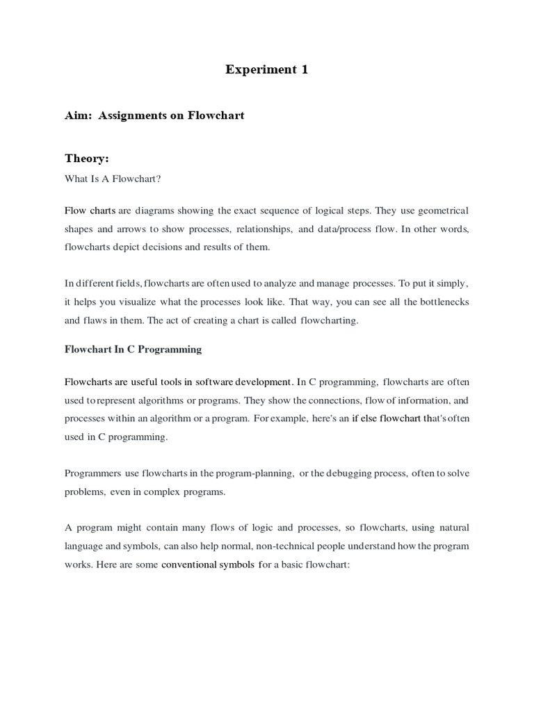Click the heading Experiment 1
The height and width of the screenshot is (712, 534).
266,70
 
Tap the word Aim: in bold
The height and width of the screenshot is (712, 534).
79,115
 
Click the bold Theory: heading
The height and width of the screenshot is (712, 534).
87,159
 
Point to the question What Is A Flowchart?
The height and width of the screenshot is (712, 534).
113,179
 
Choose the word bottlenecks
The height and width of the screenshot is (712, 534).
441,302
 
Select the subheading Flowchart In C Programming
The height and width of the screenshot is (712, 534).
133,349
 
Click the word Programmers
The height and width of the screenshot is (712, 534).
93,474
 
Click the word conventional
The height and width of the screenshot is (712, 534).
187,565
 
